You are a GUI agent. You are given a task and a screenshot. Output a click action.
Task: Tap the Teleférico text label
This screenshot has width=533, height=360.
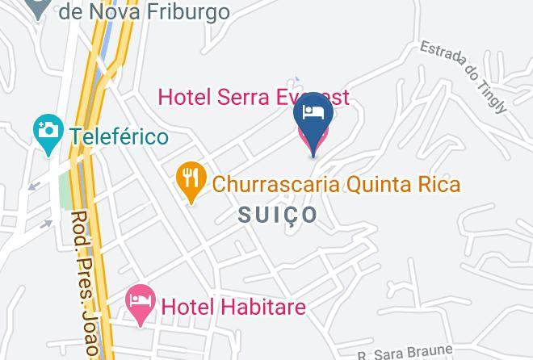[120, 136]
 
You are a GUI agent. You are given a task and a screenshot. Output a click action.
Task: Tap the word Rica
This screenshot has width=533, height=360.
[438, 185]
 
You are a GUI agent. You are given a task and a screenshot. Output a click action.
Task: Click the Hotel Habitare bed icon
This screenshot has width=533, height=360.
[141, 303]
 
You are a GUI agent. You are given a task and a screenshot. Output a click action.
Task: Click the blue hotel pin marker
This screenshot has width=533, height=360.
[313, 117]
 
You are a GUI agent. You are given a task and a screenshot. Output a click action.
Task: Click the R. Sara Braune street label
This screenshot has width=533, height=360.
[405, 352]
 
